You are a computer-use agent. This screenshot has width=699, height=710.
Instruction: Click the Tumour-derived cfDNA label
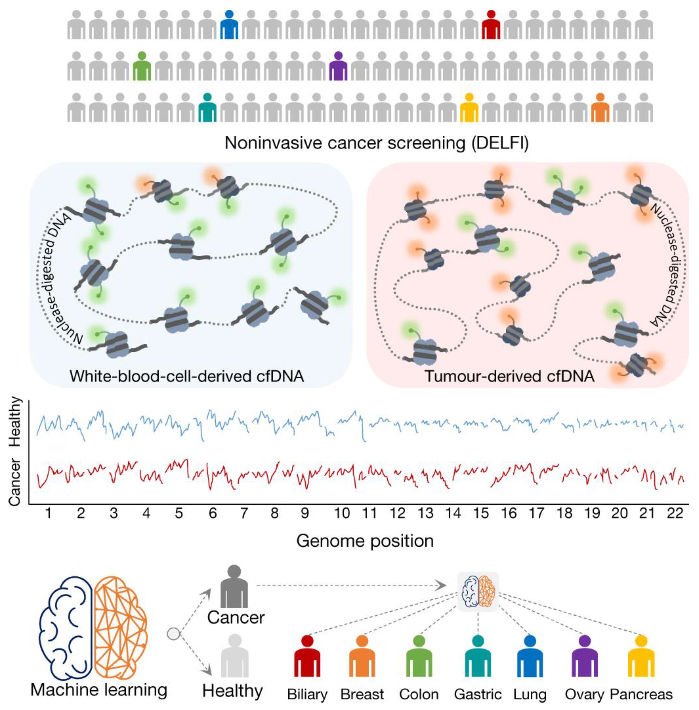click(509, 376)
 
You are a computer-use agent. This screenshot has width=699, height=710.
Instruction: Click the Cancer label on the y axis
click(15, 482)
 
